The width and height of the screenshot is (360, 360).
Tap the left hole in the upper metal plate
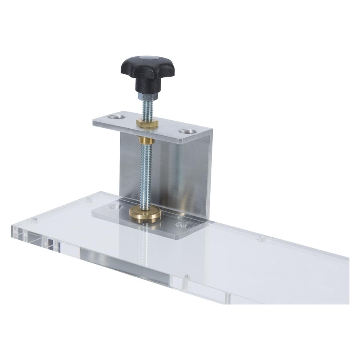tap(115, 116)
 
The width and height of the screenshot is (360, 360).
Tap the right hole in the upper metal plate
tap(186, 131)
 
